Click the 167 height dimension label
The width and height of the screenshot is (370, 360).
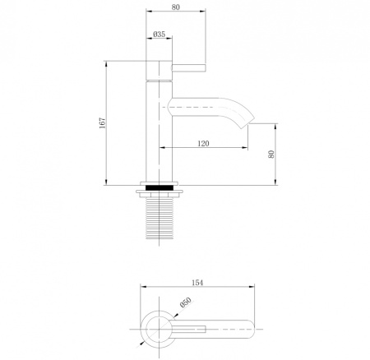(102, 122)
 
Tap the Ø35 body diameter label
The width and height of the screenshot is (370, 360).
(160, 35)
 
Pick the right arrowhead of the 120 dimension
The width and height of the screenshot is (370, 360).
(246, 149)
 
